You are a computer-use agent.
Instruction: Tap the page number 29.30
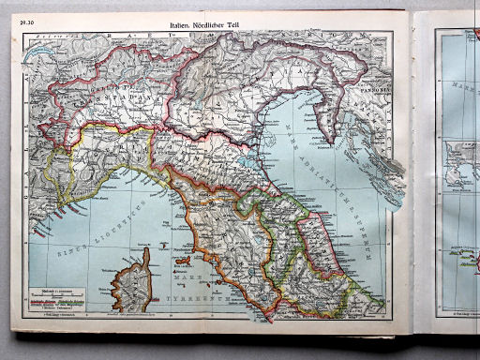(x=33, y=20)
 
